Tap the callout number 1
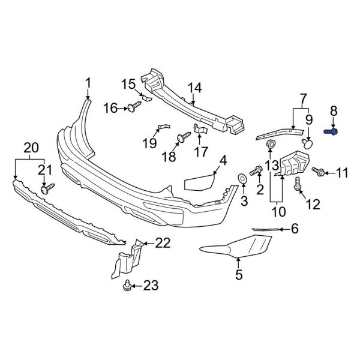88,82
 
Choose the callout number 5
238,276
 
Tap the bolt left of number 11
317,173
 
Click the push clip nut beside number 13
270,143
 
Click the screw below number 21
46,189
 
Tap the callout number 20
29,147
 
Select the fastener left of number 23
127,286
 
